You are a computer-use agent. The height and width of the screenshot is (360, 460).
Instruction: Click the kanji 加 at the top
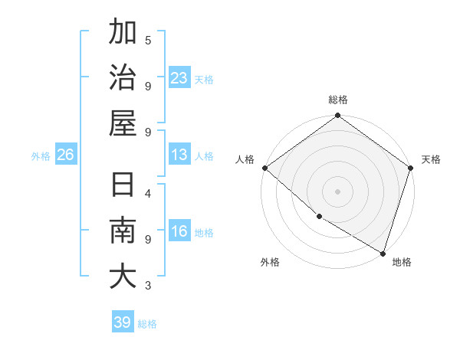coord(123,33)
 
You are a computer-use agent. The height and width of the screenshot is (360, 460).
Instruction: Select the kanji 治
coord(123,78)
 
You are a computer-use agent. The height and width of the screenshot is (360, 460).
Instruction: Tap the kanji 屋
coord(123,123)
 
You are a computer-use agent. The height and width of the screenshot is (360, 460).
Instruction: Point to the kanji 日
coord(123,186)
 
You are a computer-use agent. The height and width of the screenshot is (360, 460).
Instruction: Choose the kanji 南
coord(123,231)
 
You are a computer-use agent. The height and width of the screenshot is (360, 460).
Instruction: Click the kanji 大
coord(123,277)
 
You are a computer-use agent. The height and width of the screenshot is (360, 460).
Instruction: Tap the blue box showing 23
coord(179,78)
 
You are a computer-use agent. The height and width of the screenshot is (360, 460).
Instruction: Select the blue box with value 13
coord(179,155)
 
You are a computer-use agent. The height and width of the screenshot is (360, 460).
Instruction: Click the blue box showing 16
coord(179,232)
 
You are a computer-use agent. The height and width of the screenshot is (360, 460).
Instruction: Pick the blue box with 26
coord(65,155)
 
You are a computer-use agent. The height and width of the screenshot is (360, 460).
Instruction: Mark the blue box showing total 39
coord(122,322)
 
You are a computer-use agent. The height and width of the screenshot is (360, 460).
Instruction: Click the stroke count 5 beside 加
coord(147,40)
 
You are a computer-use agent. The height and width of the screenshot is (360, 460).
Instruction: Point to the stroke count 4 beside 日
coord(147,193)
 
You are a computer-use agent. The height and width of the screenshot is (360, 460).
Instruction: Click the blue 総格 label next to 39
coord(147,324)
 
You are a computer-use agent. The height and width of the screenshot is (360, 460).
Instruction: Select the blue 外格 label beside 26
coord(41,156)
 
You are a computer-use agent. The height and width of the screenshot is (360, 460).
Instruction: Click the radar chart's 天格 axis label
coord(431,159)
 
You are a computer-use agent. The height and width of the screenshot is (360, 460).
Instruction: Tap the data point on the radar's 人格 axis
coord(264,168)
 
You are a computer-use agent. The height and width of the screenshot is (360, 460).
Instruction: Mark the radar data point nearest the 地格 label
coord(383,252)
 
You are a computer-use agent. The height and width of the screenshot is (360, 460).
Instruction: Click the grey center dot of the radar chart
coord(337,191)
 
